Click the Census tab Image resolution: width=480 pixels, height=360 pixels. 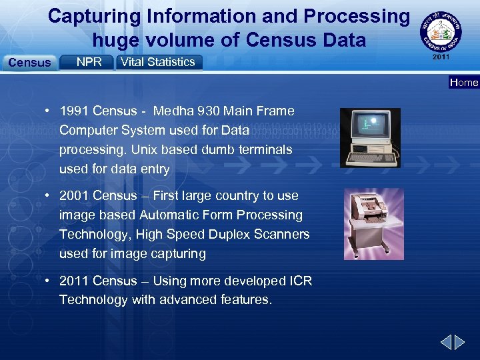click(29, 63)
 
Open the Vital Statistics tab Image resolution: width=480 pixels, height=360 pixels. click(159, 62)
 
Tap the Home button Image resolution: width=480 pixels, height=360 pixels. click(464, 83)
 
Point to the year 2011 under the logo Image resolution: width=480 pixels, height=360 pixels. click(441, 57)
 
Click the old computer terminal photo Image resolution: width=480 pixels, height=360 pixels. click(370, 137)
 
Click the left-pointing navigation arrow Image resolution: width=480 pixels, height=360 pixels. click(446, 343)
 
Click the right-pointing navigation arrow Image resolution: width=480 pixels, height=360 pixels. click(461, 343)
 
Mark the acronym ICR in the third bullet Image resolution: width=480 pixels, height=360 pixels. click(299, 281)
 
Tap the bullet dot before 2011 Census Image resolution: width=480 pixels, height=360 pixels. click(49, 281)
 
